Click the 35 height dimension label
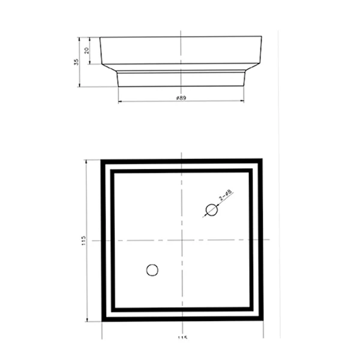(77, 62)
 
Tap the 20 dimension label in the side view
(88, 50)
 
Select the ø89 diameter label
(181, 97)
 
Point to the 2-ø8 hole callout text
(226, 196)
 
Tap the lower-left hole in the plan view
(152, 270)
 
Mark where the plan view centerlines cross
(182, 240)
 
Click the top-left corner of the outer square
(101, 160)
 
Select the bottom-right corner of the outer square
(262, 322)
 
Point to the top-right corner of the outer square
(262, 160)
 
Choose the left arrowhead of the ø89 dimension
(119, 101)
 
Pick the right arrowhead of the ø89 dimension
(244, 101)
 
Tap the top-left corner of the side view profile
(100, 37)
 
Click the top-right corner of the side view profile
(262, 37)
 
